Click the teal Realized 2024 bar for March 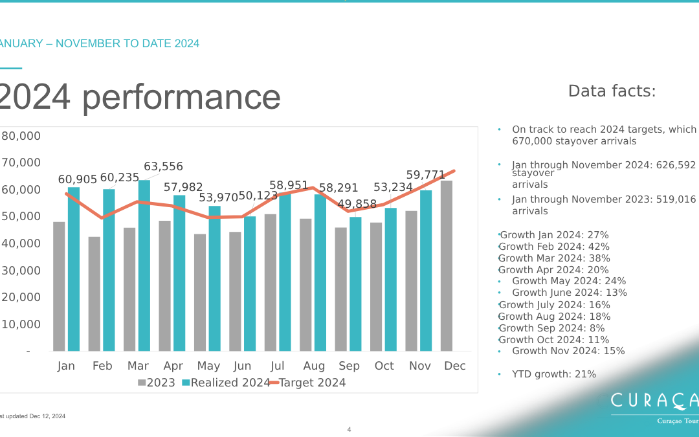tap(144, 265)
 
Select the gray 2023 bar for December tap(447, 265)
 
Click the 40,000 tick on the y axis tap(21, 243)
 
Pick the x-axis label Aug tap(314, 366)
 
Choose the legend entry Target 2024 tap(312, 383)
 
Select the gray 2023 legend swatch tap(142, 383)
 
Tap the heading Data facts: tap(612, 91)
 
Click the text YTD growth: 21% tap(554, 374)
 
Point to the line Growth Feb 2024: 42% tap(554, 247)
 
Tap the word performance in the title tap(181, 97)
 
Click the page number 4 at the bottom tap(349, 429)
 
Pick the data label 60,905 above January tap(78, 179)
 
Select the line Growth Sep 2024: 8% tap(551, 328)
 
